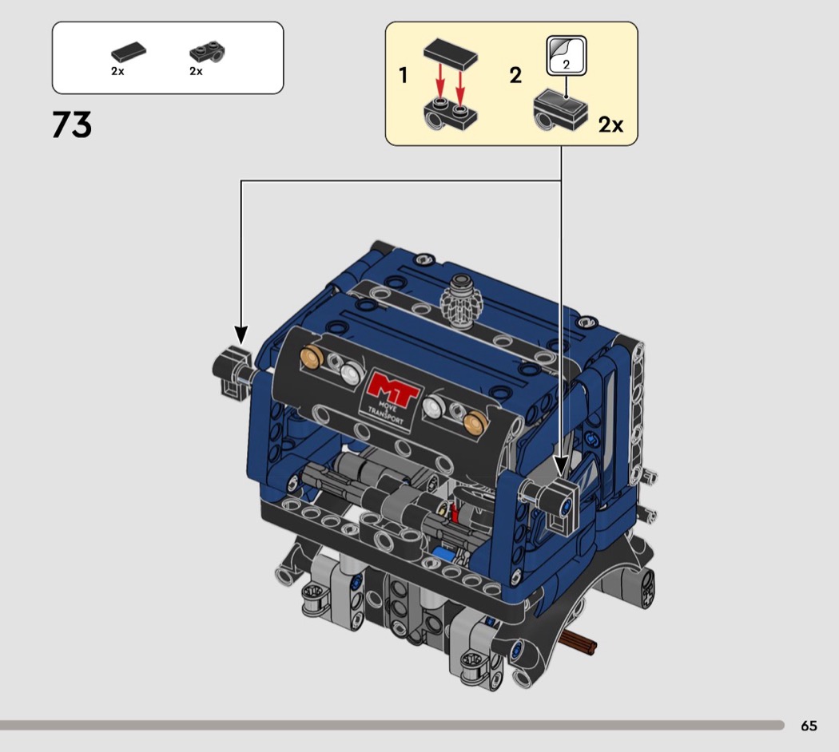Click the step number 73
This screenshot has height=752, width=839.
coord(72,125)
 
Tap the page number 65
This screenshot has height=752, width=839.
coord(809,726)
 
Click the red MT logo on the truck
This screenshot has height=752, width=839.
coord(394,387)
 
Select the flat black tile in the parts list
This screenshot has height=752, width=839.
coord(129,53)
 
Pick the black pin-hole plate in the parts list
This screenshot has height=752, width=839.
coord(207,52)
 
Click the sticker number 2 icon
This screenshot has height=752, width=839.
coord(566,56)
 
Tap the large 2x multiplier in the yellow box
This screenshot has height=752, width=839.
coord(610,125)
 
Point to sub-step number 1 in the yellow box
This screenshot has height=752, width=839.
coord(404,75)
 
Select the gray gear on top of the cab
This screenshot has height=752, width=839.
coord(462,301)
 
